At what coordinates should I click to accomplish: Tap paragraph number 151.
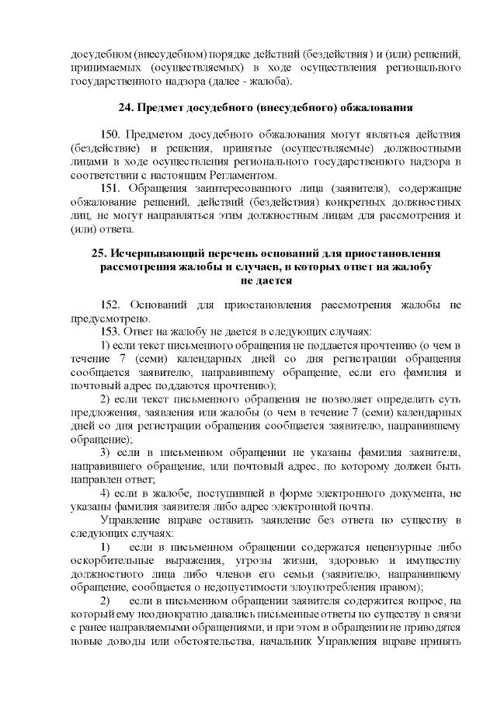111,189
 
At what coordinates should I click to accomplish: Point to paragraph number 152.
111,303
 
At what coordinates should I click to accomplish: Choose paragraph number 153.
111,330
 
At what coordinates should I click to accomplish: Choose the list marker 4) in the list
107,493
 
